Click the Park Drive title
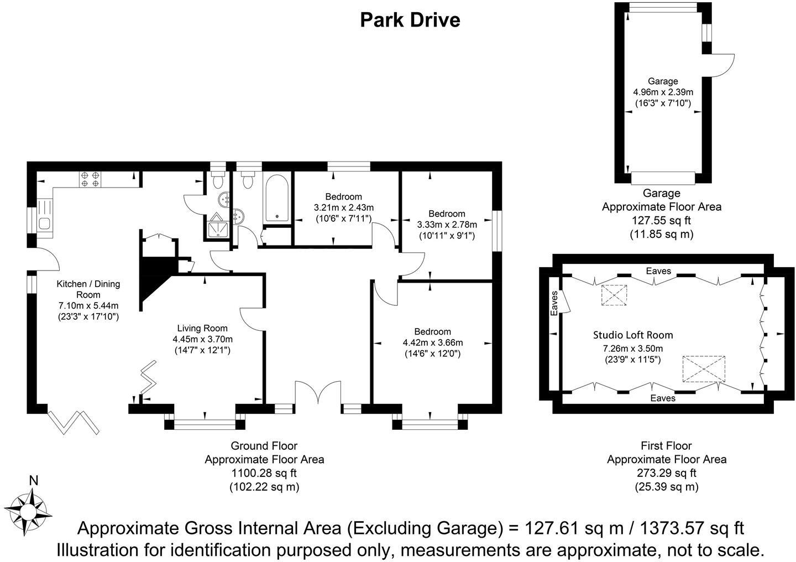tap(410, 20)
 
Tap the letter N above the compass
tap(33, 481)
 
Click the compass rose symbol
tap(28, 512)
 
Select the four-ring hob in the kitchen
tap(90, 179)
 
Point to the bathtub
tap(277, 199)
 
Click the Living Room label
tap(202, 329)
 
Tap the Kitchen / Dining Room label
tap(88, 289)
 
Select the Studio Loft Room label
tap(633, 335)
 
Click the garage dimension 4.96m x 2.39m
tap(663, 92)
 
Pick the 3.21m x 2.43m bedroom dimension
tap(344, 207)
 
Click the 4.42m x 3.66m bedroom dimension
tap(432, 343)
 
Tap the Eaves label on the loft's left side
tap(554, 303)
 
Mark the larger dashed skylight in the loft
tap(704, 369)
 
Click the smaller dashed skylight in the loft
tap(614, 295)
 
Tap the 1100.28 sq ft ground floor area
tap(264, 473)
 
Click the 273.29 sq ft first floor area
tap(667, 473)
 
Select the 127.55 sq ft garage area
tap(661, 221)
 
